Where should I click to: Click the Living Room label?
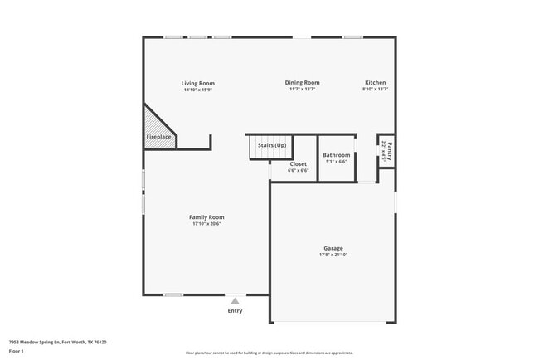click(x=198, y=83)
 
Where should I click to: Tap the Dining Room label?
click(x=303, y=83)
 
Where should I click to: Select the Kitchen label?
click(x=376, y=83)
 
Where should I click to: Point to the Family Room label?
click(x=206, y=217)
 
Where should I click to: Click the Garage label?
click(x=333, y=249)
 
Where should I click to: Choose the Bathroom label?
click(x=337, y=155)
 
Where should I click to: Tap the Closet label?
click(x=298, y=164)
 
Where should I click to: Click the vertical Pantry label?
click(x=389, y=152)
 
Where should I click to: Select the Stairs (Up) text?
click(x=272, y=145)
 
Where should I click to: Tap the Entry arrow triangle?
click(x=236, y=302)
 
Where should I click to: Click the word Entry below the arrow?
click(x=236, y=311)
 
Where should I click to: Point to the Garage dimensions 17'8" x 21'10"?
click(x=333, y=255)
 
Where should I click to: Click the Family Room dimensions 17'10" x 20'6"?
click(x=206, y=224)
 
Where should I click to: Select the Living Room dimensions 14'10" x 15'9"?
click(x=198, y=90)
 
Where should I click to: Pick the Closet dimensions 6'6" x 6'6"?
click(x=298, y=171)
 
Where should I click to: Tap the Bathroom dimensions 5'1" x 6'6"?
click(x=337, y=162)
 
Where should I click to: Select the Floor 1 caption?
click(x=17, y=352)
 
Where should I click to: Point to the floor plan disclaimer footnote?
click(x=269, y=353)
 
